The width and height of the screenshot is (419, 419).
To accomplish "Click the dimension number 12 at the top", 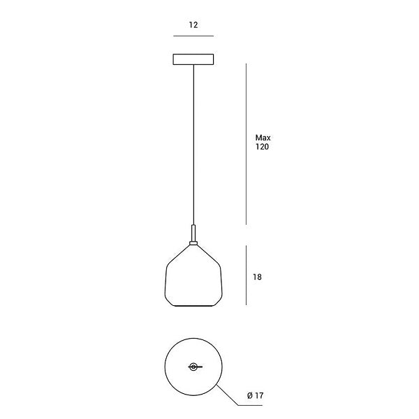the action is click(x=193, y=25).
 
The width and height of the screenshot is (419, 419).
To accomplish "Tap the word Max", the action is click(x=263, y=138).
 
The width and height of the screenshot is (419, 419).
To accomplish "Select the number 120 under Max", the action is click(x=262, y=147).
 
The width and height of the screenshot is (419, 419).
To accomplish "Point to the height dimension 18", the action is click(x=257, y=277).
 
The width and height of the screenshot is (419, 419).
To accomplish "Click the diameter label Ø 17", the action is click(x=256, y=395).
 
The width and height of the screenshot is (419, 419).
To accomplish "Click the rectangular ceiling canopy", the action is click(x=193, y=59).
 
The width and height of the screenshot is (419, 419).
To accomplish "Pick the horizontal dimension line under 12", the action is click(x=193, y=36).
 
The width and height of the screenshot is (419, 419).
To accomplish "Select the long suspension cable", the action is click(x=193, y=145).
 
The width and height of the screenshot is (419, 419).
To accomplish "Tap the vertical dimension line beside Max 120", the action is click(x=246, y=144).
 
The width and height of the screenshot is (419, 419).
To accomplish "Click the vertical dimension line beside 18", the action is click(x=246, y=275).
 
